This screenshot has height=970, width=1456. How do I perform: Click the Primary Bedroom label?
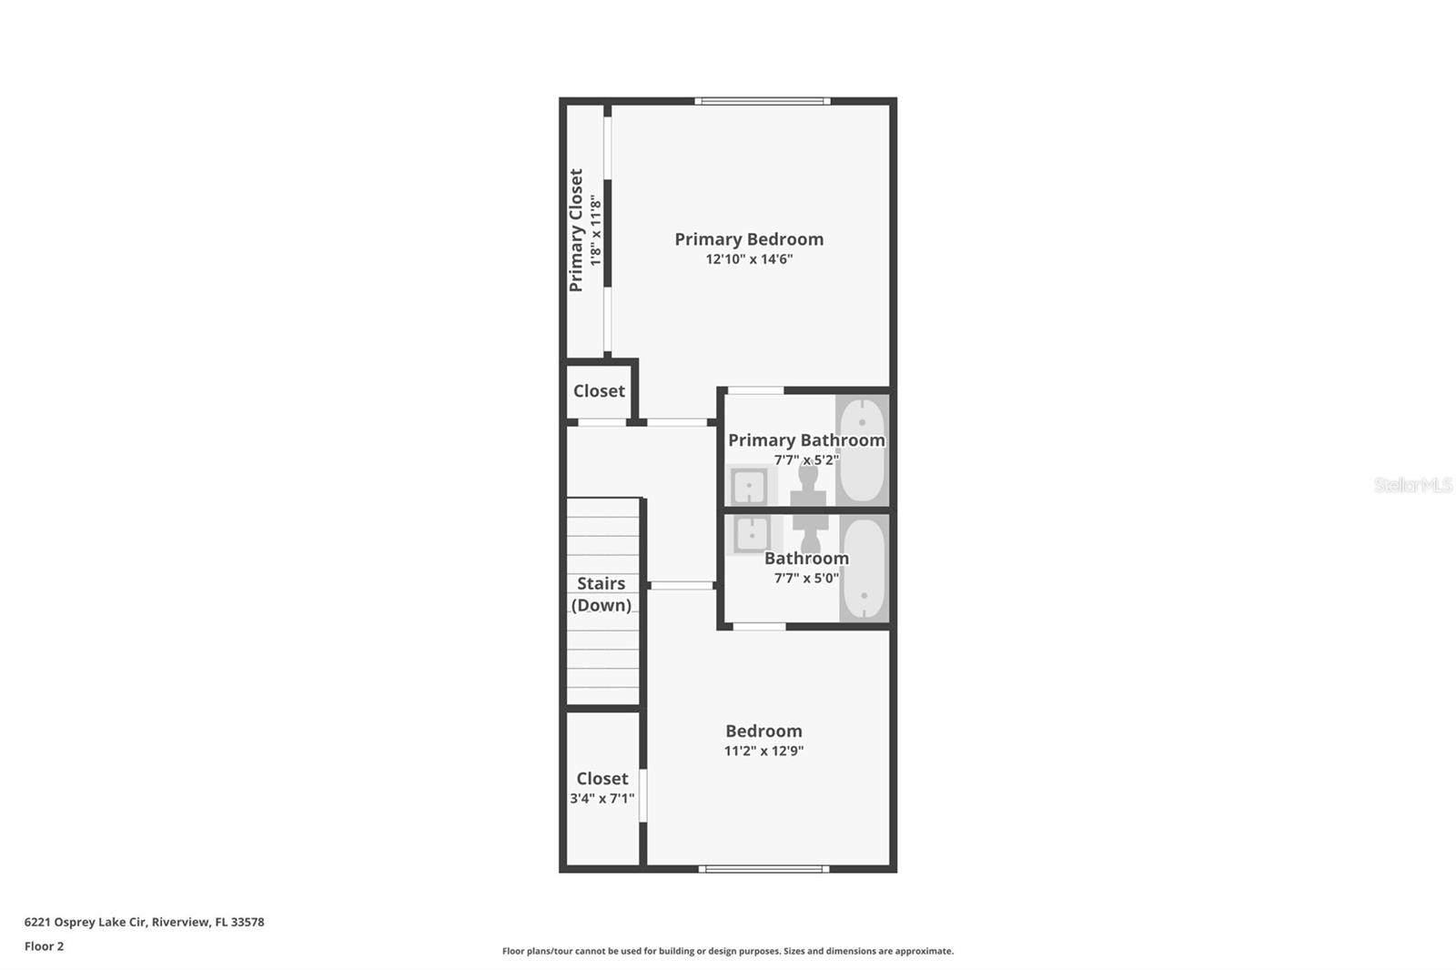click(x=749, y=239)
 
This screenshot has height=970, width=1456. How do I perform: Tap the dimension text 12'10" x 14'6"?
click(x=749, y=259)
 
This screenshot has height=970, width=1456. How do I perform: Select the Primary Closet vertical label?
click(x=576, y=230)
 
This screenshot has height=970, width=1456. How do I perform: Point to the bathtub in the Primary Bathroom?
click(x=861, y=450)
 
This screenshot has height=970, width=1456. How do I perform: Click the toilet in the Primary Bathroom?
click(x=808, y=485)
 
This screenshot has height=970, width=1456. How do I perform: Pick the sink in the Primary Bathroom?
click(x=749, y=487)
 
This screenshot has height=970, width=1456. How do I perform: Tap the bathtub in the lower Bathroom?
click(x=863, y=570)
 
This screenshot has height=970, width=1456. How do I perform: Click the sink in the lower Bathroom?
click(x=752, y=534)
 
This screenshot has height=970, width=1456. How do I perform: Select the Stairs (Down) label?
click(x=602, y=594)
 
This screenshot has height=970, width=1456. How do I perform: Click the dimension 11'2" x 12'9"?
click(x=763, y=752)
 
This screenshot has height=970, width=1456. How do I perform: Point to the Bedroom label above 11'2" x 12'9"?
click(x=763, y=732)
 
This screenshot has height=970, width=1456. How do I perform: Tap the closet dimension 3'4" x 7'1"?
click(x=602, y=799)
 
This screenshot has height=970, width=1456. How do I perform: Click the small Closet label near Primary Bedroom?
click(x=599, y=391)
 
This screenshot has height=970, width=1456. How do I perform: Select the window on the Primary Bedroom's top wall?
click(x=763, y=101)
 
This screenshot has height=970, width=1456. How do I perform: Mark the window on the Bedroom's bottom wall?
click(x=763, y=869)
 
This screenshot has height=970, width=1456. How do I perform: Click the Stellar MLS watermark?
click(x=1412, y=485)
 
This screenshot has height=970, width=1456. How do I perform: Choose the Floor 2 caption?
click(x=45, y=946)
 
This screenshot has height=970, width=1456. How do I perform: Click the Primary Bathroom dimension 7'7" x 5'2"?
click(x=806, y=460)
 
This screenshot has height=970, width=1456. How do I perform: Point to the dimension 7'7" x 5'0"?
click(x=806, y=579)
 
